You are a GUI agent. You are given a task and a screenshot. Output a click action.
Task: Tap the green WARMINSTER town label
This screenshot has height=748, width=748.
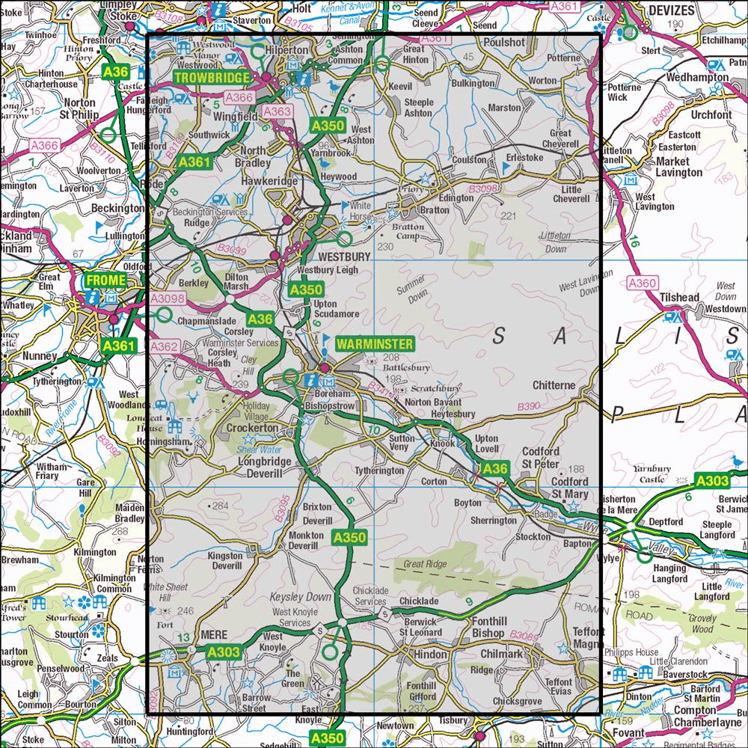(374, 344)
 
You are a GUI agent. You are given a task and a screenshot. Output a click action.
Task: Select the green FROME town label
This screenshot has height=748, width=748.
(102, 280)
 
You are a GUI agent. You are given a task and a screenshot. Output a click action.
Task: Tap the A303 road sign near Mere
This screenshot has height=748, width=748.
(223, 653)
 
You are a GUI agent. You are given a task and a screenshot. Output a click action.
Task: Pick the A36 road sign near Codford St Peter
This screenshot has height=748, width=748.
(494, 469)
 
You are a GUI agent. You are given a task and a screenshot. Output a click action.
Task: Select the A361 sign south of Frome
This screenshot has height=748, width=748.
(119, 346)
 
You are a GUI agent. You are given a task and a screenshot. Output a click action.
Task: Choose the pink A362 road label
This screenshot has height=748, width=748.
(165, 346)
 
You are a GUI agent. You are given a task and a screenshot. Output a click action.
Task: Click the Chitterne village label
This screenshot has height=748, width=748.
(554, 385)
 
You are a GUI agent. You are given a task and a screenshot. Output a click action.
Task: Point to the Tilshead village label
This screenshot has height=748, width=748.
(679, 298)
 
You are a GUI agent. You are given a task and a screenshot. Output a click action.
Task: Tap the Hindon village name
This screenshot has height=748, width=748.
(429, 654)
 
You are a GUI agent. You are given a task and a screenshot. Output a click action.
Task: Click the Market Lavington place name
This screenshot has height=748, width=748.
(679, 167)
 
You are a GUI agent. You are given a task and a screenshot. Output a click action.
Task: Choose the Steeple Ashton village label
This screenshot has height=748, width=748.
(418, 107)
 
